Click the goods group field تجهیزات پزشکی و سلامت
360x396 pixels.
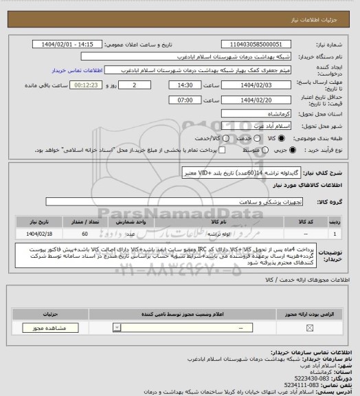point(185,201)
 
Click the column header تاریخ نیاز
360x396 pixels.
point(34,222)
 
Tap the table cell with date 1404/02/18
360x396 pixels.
point(34,233)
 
